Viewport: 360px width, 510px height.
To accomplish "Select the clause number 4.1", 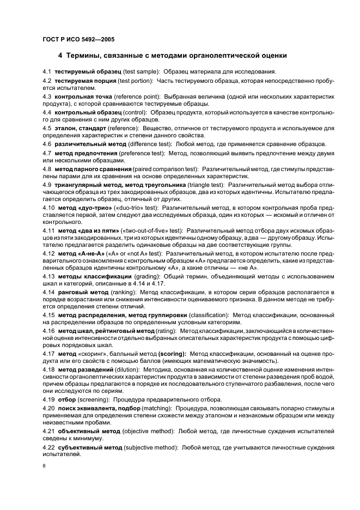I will coord(46,71).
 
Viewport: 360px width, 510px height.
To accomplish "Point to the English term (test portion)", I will coord(136,81).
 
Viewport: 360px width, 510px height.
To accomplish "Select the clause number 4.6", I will coord(46,144).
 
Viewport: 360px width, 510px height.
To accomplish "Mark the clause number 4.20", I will coord(48,408).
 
